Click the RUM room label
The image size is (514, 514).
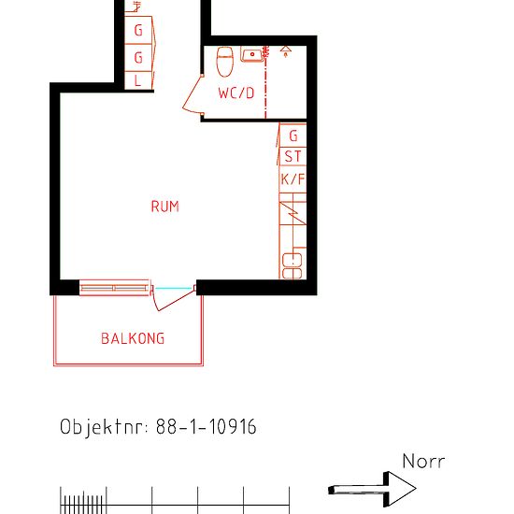[x=164, y=207]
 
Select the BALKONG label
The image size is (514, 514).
[x=133, y=338]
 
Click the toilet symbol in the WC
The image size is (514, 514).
[x=224, y=62]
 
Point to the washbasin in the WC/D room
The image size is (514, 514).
[x=252, y=54]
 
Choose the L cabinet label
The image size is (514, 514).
[x=138, y=80]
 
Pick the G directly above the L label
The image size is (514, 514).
[x=138, y=58]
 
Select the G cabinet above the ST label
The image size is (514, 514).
[x=293, y=136]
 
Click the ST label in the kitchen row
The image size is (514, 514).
[x=293, y=157]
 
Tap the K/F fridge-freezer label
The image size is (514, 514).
[x=293, y=178]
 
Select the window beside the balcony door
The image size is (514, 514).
[x=115, y=288]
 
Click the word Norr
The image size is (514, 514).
[x=423, y=462]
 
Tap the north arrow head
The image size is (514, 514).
[x=402, y=488]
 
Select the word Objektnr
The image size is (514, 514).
[x=101, y=428]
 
